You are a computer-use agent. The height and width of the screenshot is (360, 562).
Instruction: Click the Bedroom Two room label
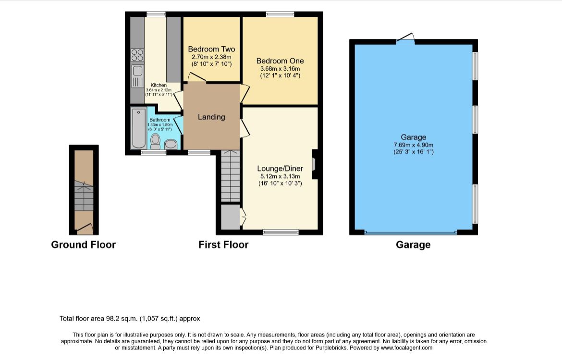point(211,49)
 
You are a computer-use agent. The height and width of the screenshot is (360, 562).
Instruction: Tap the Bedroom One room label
point(280,61)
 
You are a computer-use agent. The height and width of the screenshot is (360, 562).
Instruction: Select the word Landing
point(211,117)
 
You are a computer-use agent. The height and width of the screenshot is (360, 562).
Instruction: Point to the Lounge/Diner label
point(280,169)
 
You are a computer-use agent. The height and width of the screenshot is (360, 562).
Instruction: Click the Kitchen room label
point(159,85)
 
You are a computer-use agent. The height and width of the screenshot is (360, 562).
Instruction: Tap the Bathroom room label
point(160,120)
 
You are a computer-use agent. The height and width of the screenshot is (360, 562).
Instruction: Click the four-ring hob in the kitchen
point(137,55)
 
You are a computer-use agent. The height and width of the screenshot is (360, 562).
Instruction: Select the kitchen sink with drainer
point(138,76)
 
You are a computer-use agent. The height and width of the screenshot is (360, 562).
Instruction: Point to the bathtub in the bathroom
point(139,128)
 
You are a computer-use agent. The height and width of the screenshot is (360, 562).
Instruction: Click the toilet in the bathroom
point(156,141)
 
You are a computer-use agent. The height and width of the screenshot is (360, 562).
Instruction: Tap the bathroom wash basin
point(171,144)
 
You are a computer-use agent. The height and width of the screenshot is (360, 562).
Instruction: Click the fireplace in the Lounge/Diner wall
point(314,164)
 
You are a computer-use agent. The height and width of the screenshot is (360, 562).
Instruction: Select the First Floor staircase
point(230,176)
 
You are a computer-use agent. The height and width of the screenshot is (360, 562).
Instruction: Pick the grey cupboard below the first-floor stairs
point(230,217)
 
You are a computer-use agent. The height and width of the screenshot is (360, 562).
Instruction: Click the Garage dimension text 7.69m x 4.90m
point(413,145)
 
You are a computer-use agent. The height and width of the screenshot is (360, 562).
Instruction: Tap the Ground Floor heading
point(83,245)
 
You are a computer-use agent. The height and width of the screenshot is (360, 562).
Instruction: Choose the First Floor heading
point(223,245)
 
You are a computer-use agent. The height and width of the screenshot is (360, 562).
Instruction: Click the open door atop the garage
point(406,38)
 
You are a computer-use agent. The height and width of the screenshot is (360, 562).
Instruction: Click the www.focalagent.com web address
point(406,348)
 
